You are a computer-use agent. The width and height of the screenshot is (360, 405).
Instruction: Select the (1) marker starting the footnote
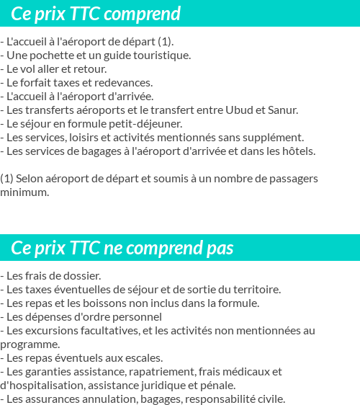tap(6, 178)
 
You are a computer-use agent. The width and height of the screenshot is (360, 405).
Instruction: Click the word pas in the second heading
tap(219, 249)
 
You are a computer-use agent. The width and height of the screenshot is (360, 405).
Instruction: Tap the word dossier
tap(79, 276)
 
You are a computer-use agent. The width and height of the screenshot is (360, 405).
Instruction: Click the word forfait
tap(42, 83)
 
